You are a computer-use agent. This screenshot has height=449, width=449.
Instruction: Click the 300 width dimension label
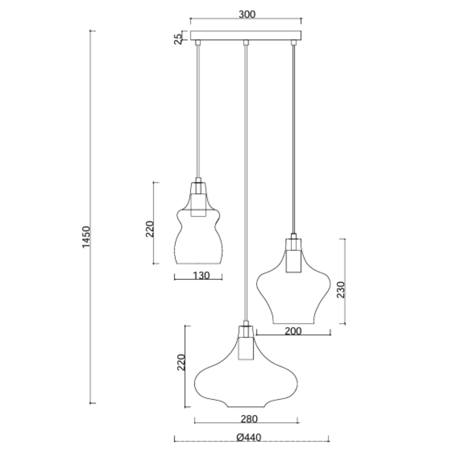(247, 15)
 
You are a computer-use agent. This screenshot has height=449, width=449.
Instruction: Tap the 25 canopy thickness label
(178, 39)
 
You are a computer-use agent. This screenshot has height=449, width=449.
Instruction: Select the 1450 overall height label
(86, 237)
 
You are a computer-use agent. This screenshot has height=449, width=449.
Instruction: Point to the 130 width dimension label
(201, 276)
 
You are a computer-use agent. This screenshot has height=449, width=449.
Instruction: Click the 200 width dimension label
(293, 331)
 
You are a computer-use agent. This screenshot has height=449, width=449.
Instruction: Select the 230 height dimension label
(340, 290)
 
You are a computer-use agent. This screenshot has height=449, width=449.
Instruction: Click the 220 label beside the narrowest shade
(150, 229)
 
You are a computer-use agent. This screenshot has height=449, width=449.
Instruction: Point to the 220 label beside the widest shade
(181, 362)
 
